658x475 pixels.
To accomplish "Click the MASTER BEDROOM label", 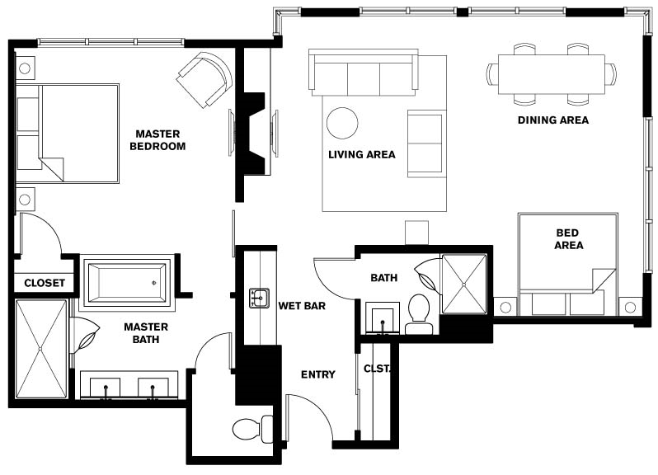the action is point(157,140).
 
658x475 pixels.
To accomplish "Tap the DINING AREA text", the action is point(553,120).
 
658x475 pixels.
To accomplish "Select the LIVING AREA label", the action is point(362,155).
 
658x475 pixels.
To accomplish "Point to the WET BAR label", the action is point(302,306).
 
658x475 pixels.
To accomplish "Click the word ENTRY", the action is point(318,374).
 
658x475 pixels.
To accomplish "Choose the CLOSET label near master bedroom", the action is point(45,283).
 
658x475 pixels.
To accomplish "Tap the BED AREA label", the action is point(568,239).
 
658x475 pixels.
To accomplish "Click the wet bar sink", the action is point(260,299).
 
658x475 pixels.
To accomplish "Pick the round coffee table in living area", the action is point(342,124).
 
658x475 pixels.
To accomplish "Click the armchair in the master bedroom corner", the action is point(205,79).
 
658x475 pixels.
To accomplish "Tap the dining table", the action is point(552,74).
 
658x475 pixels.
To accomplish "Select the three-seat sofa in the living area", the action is point(364,72).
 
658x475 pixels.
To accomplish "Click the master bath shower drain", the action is point(40,349).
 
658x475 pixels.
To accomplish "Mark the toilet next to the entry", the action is point(252,430).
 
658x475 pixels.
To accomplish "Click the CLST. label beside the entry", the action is point(378,369).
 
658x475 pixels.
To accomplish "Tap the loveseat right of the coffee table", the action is point(426,144).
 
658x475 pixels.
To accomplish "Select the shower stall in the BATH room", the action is point(464,284).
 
